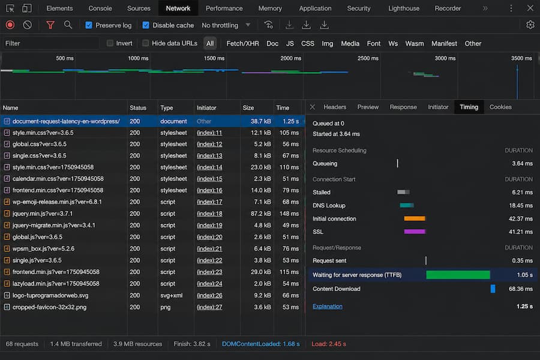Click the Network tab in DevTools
[178, 8]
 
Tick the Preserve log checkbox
[89, 25]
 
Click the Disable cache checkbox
[146, 25]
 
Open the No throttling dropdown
[226, 25]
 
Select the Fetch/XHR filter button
[242, 43]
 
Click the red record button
[10, 25]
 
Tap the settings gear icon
[530, 25]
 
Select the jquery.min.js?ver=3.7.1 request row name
[43, 214]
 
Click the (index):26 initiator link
[209, 296]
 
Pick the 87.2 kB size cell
[260, 214]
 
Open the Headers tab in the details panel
[335, 107]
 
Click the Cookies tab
[500, 107]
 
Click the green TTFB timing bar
[458, 275]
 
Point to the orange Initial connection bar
[414, 218]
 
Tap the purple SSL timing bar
[414, 232]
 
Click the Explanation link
[328, 306]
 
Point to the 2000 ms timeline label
[290, 58]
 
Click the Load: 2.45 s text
[329, 344]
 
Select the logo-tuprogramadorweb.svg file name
[50, 296]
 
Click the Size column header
[248, 108]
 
